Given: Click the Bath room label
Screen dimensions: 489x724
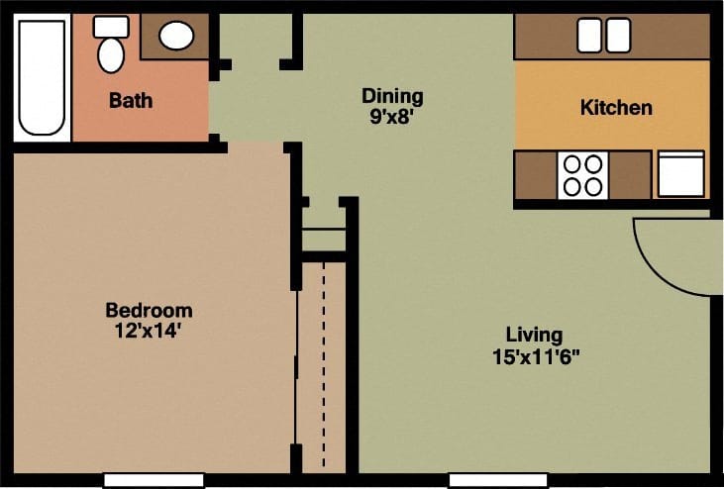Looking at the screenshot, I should [x=131, y=100].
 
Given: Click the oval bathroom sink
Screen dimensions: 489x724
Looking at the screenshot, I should [x=176, y=37].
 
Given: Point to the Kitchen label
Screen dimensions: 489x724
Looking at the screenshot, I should [x=615, y=107].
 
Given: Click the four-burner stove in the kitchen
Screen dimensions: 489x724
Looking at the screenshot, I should [x=581, y=174].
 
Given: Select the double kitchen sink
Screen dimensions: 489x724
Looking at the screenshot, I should [x=603, y=37].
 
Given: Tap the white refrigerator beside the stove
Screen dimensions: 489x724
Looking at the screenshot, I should [x=680, y=173].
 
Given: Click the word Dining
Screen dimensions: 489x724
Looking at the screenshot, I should [x=392, y=96].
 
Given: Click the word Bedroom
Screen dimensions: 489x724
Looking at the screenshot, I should [x=149, y=311].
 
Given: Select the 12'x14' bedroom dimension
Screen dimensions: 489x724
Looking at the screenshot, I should [x=149, y=330].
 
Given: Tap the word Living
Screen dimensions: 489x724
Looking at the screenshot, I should [x=534, y=335].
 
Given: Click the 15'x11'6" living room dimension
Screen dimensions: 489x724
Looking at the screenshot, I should [x=534, y=355].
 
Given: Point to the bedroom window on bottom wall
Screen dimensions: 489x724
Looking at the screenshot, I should [x=154, y=480].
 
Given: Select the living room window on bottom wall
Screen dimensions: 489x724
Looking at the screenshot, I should [x=498, y=480].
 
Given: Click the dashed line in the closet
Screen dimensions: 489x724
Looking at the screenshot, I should [x=324, y=366].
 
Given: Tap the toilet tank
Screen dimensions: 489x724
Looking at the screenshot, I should [x=111, y=27].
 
